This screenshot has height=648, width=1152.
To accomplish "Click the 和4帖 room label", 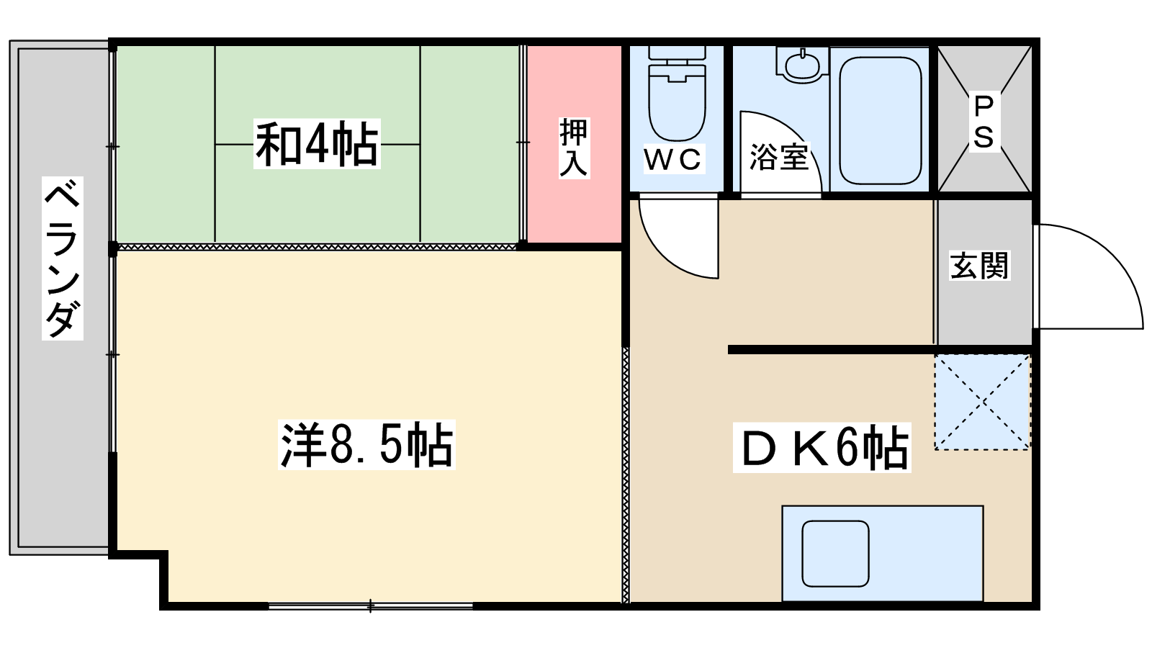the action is coord(317,144).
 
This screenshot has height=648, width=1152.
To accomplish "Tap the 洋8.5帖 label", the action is coord(366,445).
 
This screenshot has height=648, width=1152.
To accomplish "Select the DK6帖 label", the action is coord(822,447).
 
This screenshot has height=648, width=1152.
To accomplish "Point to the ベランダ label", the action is coord(62,258).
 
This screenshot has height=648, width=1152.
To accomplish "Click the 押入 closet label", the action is coord(573,148).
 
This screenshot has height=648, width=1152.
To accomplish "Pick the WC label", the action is coord(672,159).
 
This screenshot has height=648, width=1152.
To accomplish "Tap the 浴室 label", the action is coord(779,157).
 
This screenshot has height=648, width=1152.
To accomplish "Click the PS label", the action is coord(984,122).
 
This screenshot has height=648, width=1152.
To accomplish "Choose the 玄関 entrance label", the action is coord(980,266).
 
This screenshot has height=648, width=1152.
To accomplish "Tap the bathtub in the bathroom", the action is coord(880,120).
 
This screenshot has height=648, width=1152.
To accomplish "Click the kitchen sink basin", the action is coord(835,554).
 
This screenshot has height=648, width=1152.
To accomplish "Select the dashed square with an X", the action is coord(983,402).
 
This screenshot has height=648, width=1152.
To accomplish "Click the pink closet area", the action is coord(574,144).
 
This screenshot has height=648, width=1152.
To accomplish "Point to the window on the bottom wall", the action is coord(370,606).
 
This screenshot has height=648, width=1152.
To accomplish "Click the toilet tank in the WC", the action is coord(677,53).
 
